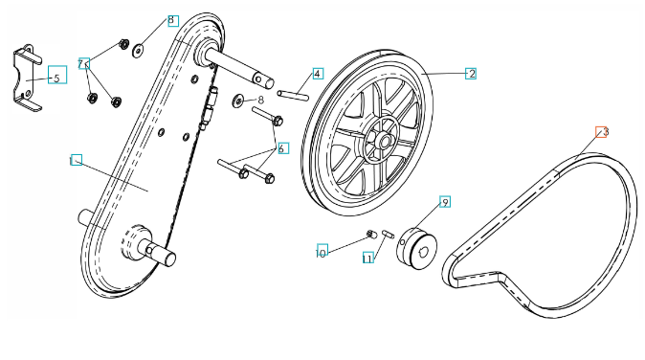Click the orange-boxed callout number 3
pyautogui.click(x=601, y=132)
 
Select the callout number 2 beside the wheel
pyautogui.click(x=471, y=73)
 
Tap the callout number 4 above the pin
pyautogui.click(x=318, y=73)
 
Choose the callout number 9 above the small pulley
pyautogui.click(x=445, y=202)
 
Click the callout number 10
pyautogui.click(x=322, y=251)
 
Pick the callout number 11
pyautogui.click(x=367, y=258)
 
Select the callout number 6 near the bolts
pyautogui.click(x=282, y=148)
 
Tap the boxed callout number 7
pyautogui.click(x=83, y=63)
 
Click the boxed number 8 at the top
pyautogui.click(x=173, y=20)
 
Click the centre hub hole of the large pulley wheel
pyautogui.click(x=385, y=143)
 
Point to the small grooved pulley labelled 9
pyautogui.click(x=417, y=248)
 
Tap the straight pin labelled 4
pyautogui.click(x=293, y=95)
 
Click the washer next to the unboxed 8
pyautogui.click(x=238, y=101)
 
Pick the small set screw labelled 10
pyautogui.click(x=371, y=235)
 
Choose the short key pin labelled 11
pyautogui.click(x=388, y=234)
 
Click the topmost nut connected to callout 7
pyautogui.click(x=123, y=43)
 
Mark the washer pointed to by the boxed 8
pyautogui.click(x=138, y=51)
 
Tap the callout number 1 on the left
pyautogui.click(x=77, y=160)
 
